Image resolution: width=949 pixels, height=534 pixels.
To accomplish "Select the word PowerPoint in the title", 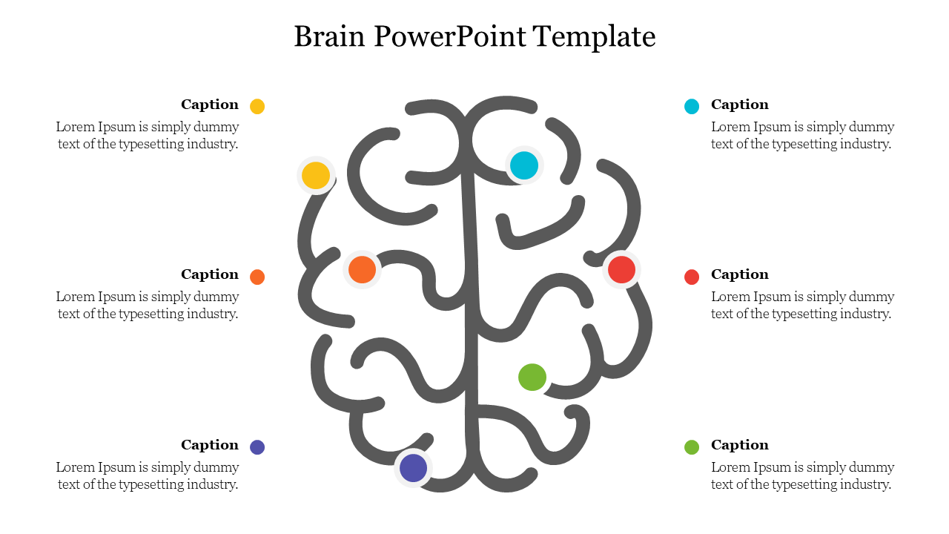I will (x=448, y=36).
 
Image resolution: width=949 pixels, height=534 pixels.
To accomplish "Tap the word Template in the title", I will (x=595, y=36).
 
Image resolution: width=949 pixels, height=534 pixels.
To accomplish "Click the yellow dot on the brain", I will (x=316, y=176).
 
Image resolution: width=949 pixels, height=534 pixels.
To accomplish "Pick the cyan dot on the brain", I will (x=524, y=165).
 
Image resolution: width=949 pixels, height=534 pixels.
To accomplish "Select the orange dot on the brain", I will (x=362, y=269).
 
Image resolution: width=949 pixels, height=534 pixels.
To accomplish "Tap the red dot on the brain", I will (x=621, y=269).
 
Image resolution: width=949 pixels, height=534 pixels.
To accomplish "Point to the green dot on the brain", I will (x=532, y=378).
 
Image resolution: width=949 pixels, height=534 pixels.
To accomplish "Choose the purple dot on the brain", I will (x=413, y=468).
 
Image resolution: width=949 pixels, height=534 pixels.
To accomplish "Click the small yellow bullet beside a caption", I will (x=257, y=106).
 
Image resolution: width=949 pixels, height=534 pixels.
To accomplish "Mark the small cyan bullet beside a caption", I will (x=692, y=106).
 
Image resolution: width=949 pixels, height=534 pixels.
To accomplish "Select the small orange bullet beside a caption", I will (x=257, y=277).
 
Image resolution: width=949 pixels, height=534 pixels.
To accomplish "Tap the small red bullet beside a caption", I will (x=692, y=277).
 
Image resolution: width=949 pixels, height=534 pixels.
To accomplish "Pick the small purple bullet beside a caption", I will (x=257, y=447).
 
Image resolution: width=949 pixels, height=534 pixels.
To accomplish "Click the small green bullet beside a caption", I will (x=692, y=447).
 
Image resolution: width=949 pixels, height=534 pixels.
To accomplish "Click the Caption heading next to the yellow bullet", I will (x=210, y=105).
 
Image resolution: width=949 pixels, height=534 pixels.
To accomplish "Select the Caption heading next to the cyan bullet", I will (x=740, y=105).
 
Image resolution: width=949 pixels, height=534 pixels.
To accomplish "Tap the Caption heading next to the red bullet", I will (x=740, y=274).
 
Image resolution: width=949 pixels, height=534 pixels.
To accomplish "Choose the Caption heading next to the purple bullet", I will (x=210, y=445).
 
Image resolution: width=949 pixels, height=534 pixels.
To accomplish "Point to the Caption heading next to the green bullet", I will (x=740, y=445).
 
